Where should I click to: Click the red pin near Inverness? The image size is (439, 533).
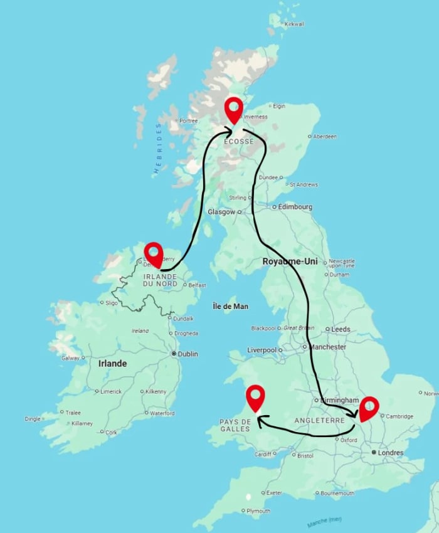tap(234, 109)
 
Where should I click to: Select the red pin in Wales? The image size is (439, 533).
tap(255, 396)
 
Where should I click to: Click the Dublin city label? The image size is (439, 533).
tap(188, 354)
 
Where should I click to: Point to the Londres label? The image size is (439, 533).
tap(391, 452)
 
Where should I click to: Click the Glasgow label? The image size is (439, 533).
tap(222, 212)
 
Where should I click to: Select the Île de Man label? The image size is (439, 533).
tap(231, 306)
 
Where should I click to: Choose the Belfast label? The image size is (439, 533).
tap(196, 285)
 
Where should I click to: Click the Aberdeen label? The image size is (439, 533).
tap(325, 136)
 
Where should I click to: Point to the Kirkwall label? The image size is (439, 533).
tap(294, 24)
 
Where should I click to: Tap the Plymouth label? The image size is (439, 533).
tap(258, 511)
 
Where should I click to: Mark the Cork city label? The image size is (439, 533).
tap(111, 432)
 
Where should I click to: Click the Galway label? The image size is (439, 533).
tap(70, 358)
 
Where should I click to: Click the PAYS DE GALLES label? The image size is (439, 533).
tap(236, 425)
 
